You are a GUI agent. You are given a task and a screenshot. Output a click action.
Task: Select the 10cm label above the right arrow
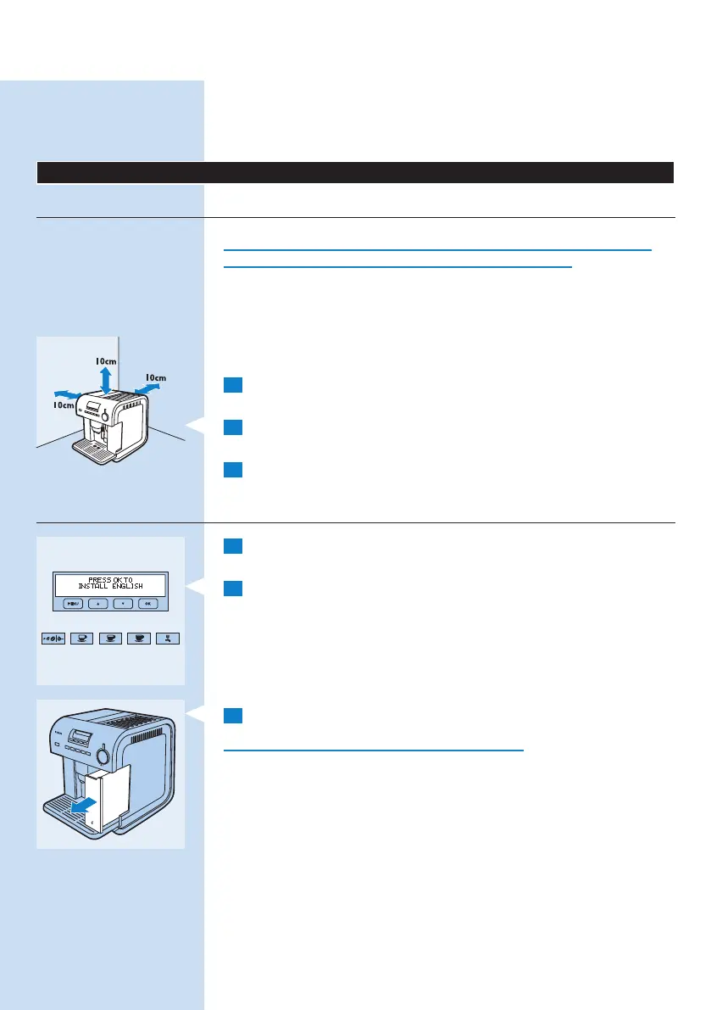[x=154, y=377]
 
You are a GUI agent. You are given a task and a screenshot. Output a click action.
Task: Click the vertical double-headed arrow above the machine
[x=104, y=378]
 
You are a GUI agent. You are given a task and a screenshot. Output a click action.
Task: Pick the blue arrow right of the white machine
[x=147, y=387]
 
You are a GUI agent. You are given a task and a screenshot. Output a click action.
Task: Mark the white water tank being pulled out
[x=108, y=801]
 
